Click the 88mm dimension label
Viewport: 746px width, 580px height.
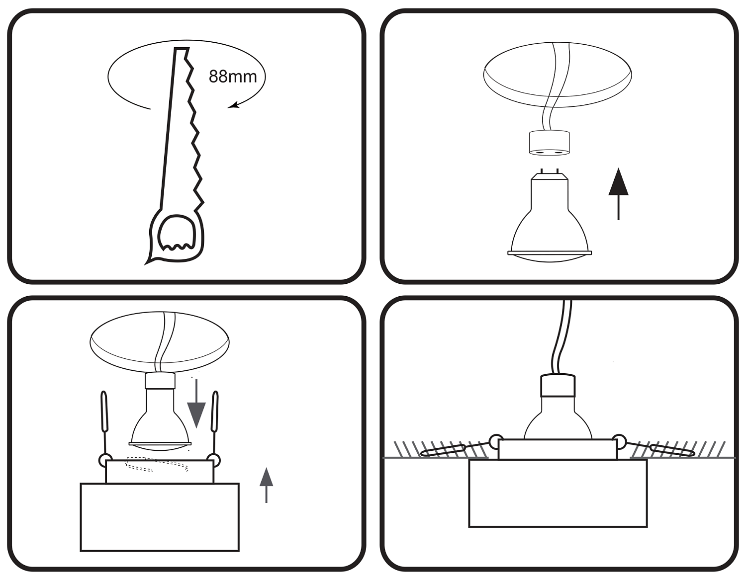point(233,77)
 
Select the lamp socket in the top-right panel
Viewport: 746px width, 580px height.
point(549,143)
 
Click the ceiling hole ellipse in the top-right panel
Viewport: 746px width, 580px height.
point(558,75)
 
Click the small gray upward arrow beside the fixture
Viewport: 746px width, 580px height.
point(267,484)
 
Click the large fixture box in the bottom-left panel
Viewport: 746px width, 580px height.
point(160,517)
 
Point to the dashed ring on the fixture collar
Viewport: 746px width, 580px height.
point(157,465)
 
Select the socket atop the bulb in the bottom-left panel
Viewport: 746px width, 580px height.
point(160,381)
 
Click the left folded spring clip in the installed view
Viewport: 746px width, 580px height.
point(443,450)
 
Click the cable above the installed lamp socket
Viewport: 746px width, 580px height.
point(561,338)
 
